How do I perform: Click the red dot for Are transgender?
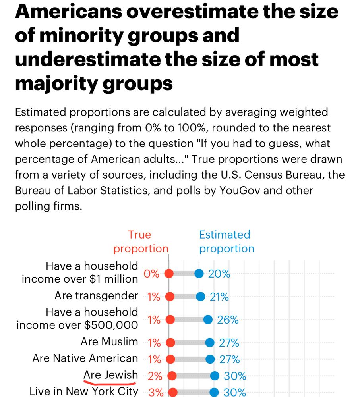[x=170, y=297]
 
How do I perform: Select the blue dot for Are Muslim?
[x=210, y=343]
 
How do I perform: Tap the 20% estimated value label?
[x=219, y=274]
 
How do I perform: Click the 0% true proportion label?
[x=151, y=274]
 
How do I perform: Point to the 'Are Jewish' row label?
[x=110, y=375]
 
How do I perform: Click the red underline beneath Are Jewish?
[x=110, y=384]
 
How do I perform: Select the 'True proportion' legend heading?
[x=141, y=242]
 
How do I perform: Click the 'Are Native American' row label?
[x=85, y=358]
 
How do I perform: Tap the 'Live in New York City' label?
[x=84, y=391]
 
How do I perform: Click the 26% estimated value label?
[x=228, y=320]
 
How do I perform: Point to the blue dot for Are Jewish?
[x=215, y=376]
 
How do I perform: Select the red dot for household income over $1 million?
[x=169, y=274]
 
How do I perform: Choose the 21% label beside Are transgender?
[x=219, y=297]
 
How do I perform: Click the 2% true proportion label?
[x=154, y=376]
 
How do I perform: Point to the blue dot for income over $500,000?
[x=208, y=320]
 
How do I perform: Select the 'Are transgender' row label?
[x=96, y=296]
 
